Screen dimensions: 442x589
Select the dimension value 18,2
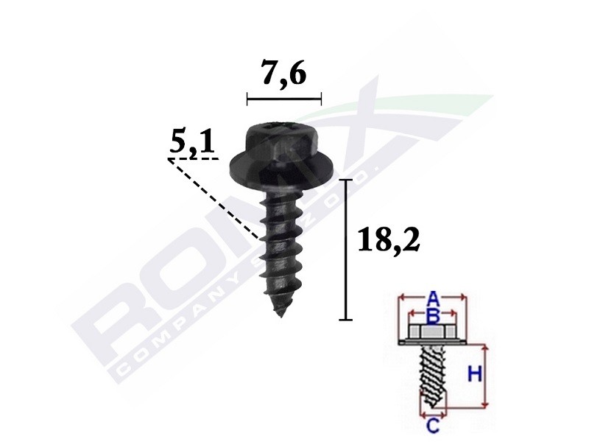click(387, 240)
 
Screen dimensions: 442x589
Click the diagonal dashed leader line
click(214, 198)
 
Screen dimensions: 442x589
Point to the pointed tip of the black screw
click(281, 314)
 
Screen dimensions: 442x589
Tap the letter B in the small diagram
click(434, 315)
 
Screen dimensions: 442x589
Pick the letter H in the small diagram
click(475, 375)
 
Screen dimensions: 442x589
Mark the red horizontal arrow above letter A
click(433, 298)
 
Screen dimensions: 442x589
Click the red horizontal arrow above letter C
click(433, 415)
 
